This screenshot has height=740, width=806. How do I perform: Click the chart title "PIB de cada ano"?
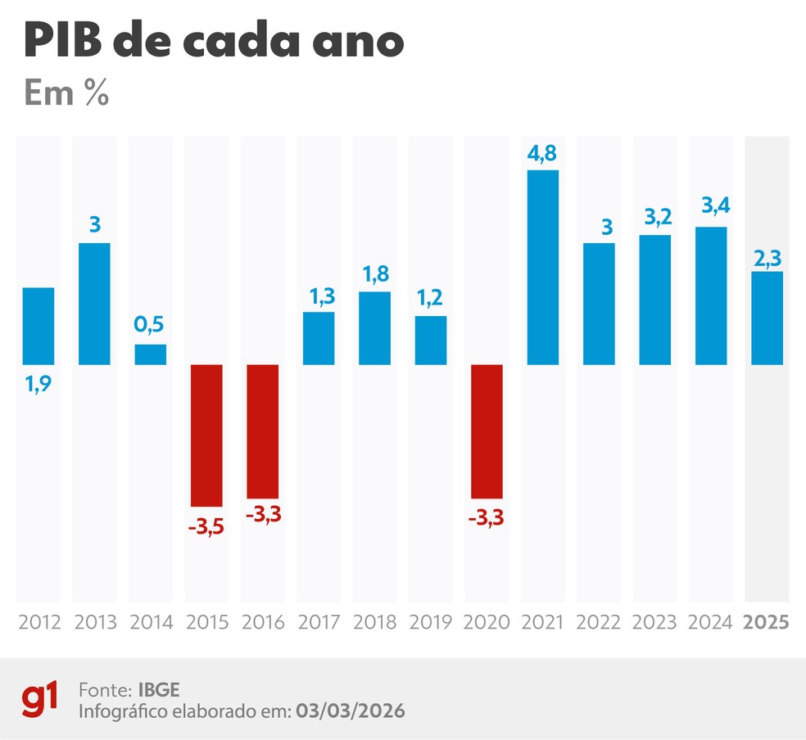pos(214,41)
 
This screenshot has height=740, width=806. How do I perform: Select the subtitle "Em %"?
pos(66,93)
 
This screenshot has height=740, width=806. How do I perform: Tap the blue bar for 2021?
pos(543,267)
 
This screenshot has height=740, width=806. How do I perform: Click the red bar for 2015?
pos(206,435)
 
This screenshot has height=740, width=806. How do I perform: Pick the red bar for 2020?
pos(487,431)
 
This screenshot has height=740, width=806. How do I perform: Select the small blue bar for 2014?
pos(151,354)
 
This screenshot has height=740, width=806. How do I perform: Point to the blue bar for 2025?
pos(768,318)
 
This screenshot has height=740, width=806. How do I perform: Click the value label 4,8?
pos(543,155)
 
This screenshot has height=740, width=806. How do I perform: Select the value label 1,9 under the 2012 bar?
pos(38,381)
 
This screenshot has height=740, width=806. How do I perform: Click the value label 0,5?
pos(151,326)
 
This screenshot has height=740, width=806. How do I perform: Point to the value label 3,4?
pos(711,210)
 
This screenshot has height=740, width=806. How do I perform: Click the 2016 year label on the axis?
pos(263,622)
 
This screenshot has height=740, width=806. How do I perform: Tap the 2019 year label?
pos(431,622)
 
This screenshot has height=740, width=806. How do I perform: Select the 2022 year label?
pos(599,622)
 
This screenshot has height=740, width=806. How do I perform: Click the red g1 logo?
pos(41,701)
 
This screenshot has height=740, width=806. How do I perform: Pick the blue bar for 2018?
pos(374,328)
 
